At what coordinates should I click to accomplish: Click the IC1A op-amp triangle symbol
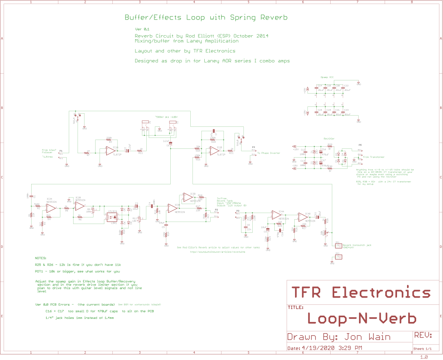(110, 151)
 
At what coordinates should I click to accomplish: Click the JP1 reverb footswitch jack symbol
(338, 244)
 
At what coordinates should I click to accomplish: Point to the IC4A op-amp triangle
(276, 215)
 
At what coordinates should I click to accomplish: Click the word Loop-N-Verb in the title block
(362, 318)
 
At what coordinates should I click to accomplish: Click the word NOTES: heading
(41, 258)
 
